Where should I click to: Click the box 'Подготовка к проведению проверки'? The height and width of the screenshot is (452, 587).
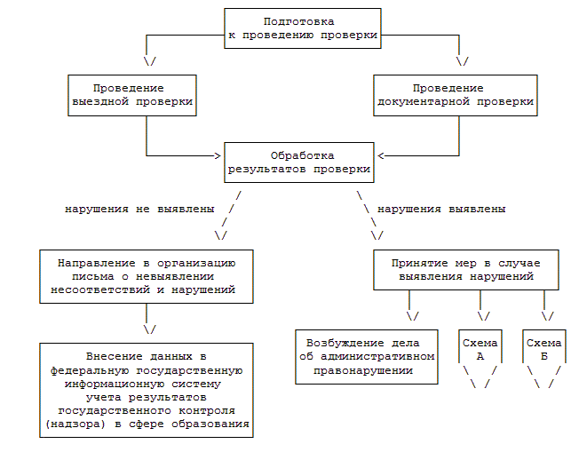point(302,28)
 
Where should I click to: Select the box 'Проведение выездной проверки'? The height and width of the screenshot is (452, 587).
point(131,95)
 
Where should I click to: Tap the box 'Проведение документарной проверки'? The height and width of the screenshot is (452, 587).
point(455,95)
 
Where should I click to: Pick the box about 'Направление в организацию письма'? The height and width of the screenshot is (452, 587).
point(147,276)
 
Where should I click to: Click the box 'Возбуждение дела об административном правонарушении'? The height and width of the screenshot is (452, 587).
point(367,357)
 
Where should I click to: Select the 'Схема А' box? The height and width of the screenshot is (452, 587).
point(480,349)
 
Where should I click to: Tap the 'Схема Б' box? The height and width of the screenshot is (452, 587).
point(544,349)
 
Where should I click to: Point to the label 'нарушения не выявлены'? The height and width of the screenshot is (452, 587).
point(139,210)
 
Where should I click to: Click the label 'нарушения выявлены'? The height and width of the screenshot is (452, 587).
point(442,210)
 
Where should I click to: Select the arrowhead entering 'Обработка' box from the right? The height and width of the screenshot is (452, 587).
point(380,155)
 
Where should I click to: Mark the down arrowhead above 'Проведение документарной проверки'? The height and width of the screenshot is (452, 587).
point(461,62)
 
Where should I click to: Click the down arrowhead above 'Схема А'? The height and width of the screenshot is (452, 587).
point(484,316)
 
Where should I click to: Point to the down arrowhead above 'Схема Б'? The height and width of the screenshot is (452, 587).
point(546,316)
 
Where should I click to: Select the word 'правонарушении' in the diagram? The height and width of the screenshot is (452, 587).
point(367,370)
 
